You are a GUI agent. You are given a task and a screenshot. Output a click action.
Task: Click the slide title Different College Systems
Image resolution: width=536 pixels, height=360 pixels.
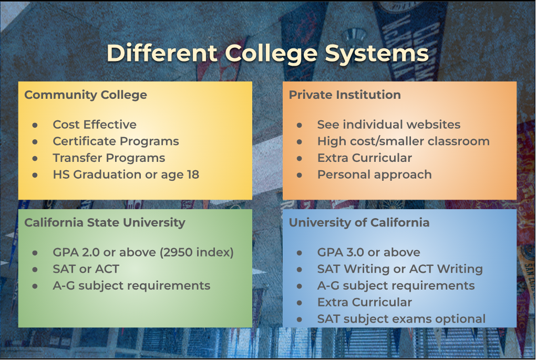coord(267,53)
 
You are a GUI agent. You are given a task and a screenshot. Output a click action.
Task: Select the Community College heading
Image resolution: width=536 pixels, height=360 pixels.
coord(86,95)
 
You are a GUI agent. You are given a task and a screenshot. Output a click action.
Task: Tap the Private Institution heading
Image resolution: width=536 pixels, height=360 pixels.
coord(345,95)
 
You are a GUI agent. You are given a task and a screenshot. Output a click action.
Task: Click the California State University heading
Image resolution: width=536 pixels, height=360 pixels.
coord(105,223)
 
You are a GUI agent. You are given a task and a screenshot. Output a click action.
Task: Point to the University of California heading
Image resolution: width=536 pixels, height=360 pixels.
coord(359,223)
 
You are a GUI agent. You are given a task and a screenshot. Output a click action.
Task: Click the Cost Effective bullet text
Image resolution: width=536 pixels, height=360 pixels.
coord(95,125)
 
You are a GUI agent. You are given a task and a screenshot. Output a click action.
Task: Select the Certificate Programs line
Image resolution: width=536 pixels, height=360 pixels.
coord(116,141)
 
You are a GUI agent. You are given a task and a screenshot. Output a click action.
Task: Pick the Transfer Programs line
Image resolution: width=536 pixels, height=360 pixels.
coord(109,158)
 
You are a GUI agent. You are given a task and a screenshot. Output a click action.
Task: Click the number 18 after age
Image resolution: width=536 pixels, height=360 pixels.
coord(193,174)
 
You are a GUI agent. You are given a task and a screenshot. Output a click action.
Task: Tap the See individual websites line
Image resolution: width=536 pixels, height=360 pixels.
coord(389,125)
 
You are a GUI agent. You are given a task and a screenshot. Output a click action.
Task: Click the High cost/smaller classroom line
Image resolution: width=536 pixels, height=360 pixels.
coord(404,141)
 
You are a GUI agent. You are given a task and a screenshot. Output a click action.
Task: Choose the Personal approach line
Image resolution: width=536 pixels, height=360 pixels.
coord(374,174)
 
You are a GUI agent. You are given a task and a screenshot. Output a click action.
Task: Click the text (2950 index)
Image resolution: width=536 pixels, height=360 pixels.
coord(197,252)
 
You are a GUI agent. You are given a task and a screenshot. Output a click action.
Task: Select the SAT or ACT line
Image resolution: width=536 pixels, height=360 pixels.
coord(86,269)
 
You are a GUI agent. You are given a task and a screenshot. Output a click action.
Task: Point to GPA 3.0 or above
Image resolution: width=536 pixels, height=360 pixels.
coord(368,252)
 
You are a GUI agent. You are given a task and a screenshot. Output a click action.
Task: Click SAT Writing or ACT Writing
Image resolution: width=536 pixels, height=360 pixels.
coord(400,269)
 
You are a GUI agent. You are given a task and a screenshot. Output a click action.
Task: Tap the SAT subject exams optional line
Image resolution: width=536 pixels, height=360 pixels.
coord(401,319)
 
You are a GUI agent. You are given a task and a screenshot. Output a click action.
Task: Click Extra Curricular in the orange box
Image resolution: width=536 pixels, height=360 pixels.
coord(364,158)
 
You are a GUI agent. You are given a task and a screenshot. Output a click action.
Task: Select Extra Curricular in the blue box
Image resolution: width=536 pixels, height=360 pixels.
coord(364,302)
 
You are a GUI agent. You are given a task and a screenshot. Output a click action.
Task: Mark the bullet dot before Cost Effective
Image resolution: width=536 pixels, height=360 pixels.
coord(35,125)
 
